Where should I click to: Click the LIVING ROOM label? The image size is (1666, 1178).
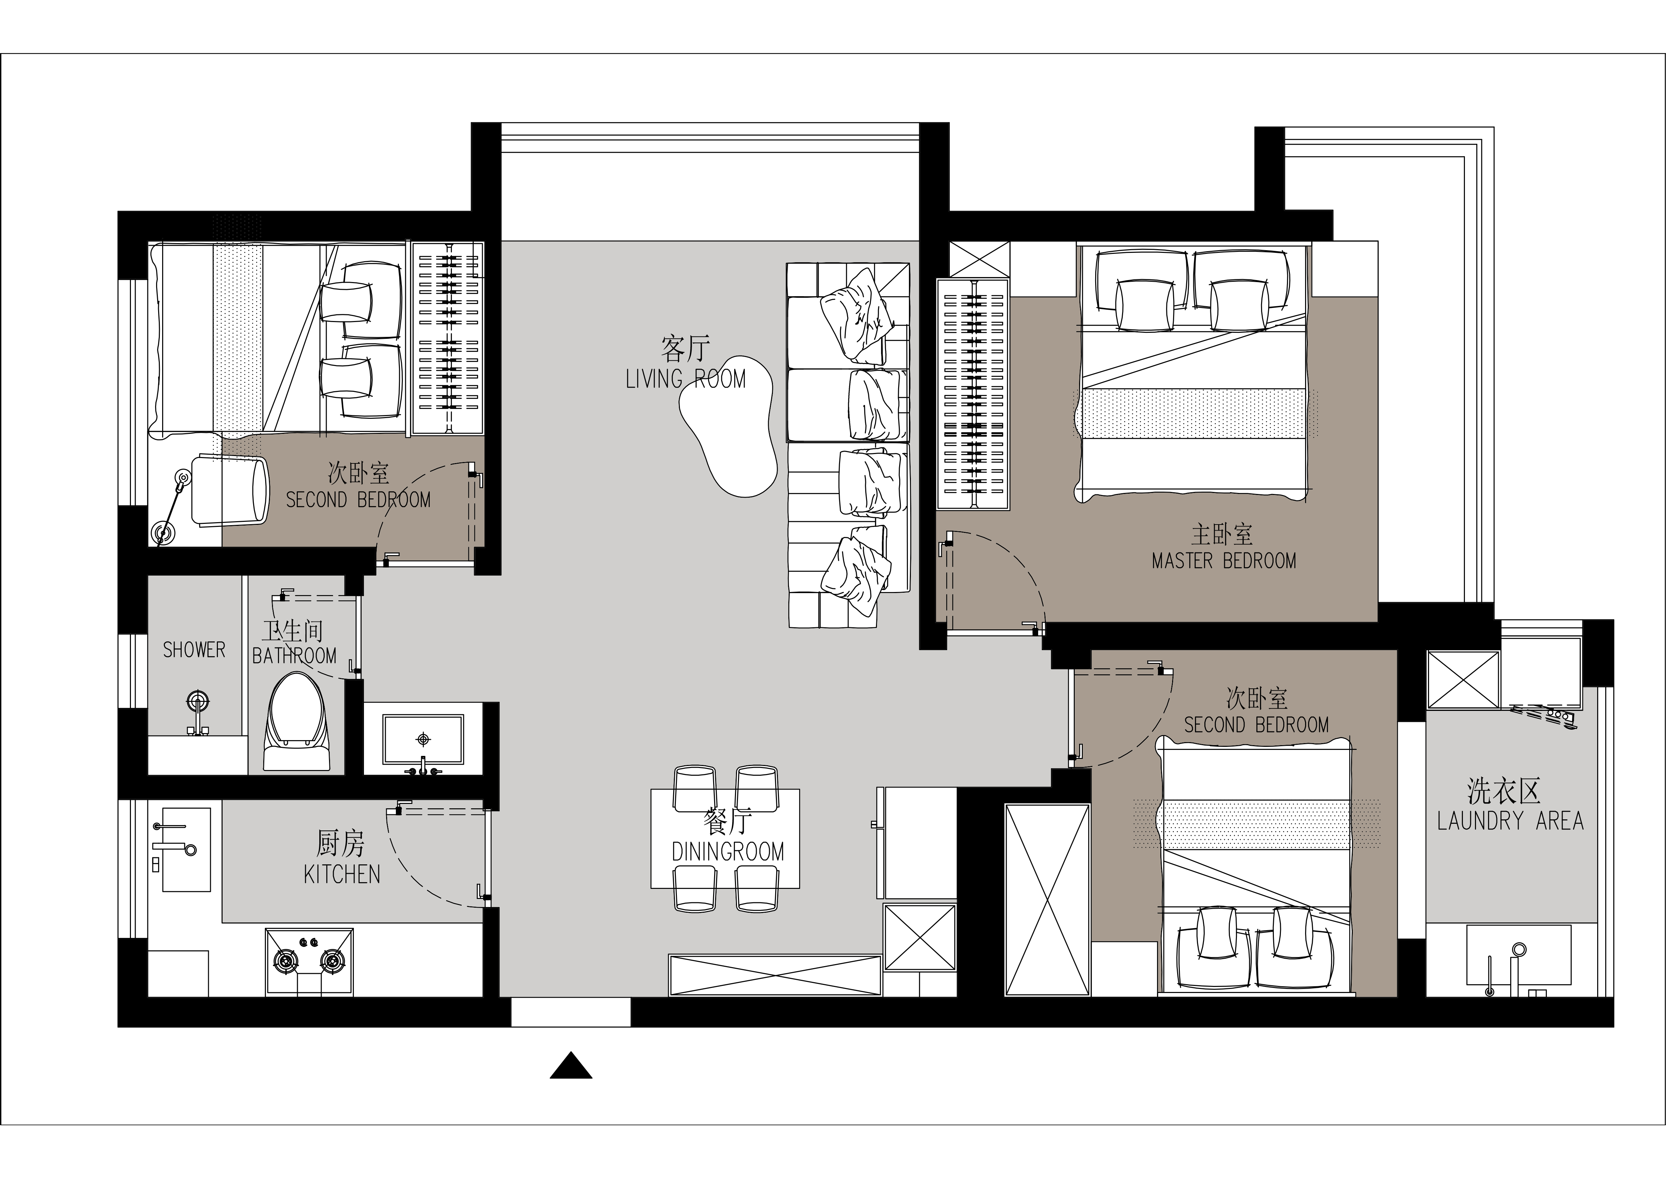tap(686, 379)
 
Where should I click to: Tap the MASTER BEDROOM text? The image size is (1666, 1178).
tap(1223, 560)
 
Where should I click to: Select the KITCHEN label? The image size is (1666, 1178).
tap(342, 875)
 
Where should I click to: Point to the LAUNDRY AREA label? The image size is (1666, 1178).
tap(1510, 821)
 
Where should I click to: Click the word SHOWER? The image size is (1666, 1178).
tap(194, 649)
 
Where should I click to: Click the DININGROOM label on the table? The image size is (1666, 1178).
tap(728, 851)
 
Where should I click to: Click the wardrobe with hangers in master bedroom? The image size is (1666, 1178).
tap(972, 394)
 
